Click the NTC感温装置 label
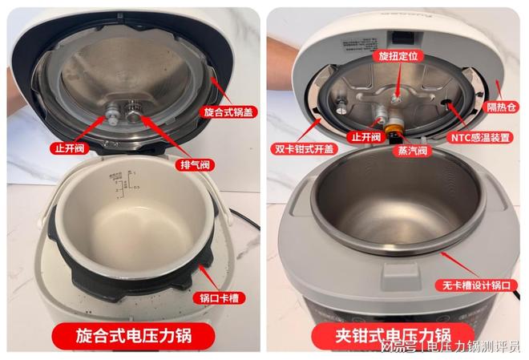coord(479,137)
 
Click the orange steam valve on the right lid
coord(394,126)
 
